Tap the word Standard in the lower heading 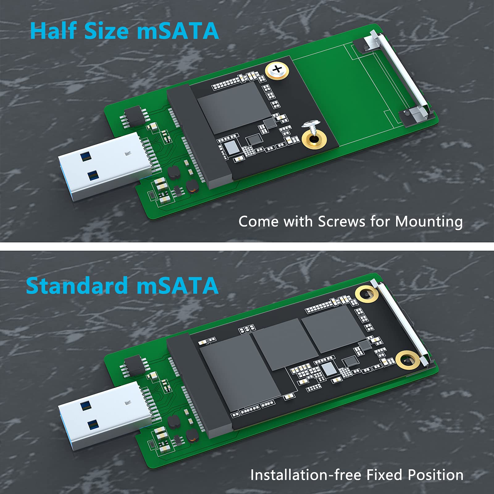(77, 286)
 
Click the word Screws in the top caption (342, 222)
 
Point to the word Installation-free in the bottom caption (305, 475)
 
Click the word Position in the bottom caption (435, 475)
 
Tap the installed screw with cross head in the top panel (277, 70)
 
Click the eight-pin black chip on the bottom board (134, 366)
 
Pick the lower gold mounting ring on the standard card (408, 360)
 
